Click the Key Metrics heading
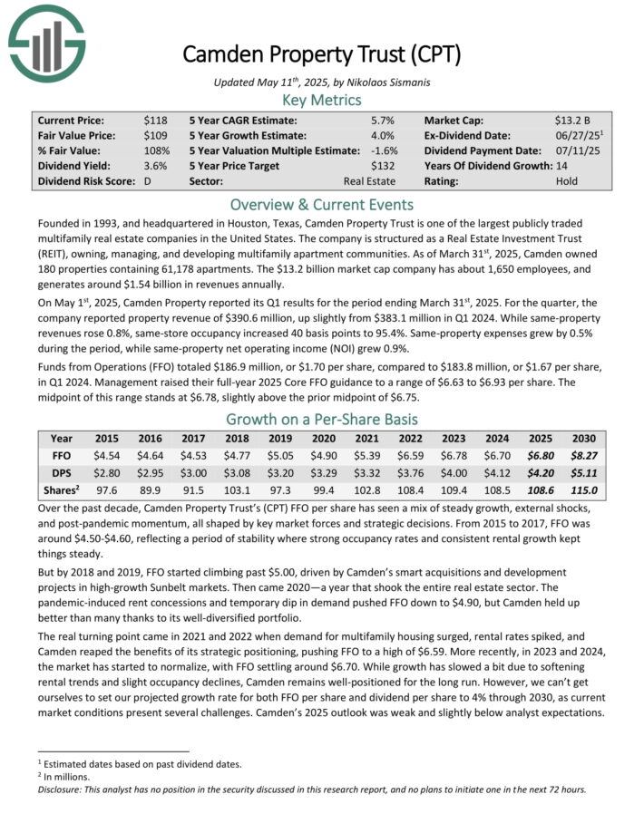321,100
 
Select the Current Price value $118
155,120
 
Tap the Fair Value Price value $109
155,135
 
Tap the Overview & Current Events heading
321,204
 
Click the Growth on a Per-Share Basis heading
321,419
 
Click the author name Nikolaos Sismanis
385,82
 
